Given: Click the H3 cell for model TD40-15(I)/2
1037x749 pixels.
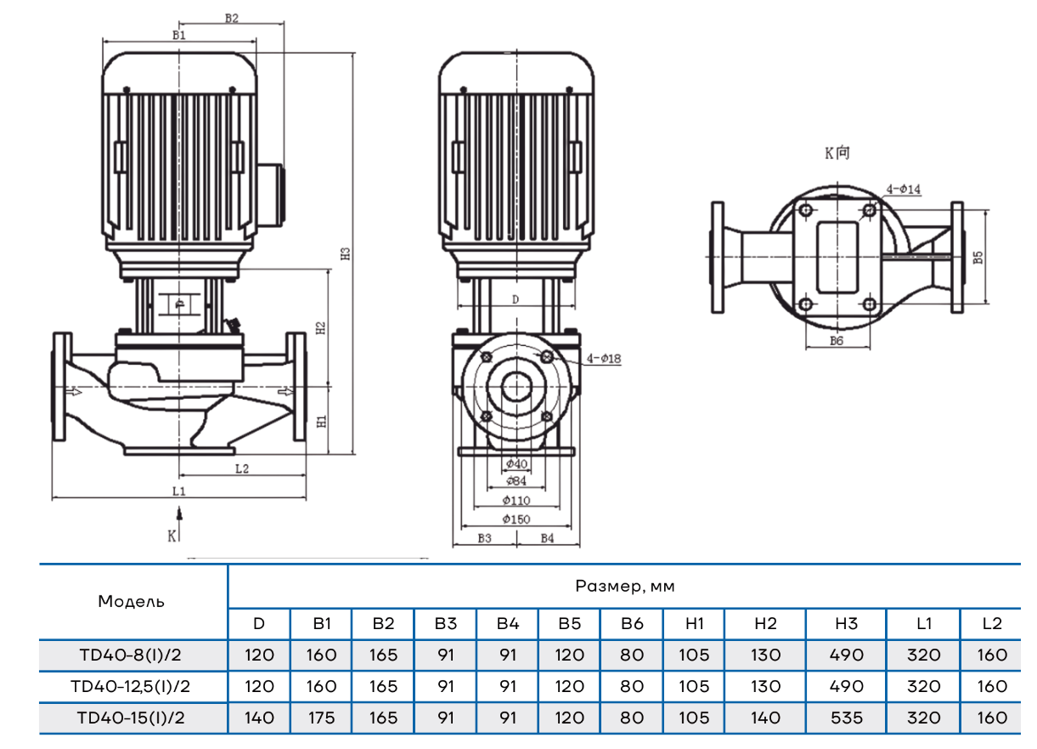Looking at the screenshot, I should tap(846, 718).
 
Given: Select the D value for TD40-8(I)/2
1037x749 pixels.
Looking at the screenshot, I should tap(259, 655).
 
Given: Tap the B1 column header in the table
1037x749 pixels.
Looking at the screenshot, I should tap(321, 623).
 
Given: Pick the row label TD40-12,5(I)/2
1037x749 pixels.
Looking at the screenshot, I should tap(131, 686).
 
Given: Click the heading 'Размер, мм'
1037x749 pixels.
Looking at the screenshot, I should tap(624, 586).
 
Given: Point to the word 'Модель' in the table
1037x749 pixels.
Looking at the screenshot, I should tap(131, 602).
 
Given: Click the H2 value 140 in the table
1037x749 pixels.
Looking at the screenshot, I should tap(765, 718).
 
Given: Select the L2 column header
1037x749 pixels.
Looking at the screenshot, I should tap(991, 623).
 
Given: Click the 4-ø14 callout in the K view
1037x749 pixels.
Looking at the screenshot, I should tap(904, 190).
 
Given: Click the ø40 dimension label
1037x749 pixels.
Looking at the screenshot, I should tap(516, 464).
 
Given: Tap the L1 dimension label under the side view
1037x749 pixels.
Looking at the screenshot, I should tap(178, 491).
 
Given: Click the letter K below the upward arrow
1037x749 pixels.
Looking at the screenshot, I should tap(172, 536).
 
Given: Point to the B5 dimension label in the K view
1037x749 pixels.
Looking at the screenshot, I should tap(978, 257).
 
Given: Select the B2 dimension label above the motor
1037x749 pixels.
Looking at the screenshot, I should tap(231, 17).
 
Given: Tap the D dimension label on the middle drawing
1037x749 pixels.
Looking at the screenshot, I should tap(516, 300).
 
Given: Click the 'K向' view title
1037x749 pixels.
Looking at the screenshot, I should tap(837, 154).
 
